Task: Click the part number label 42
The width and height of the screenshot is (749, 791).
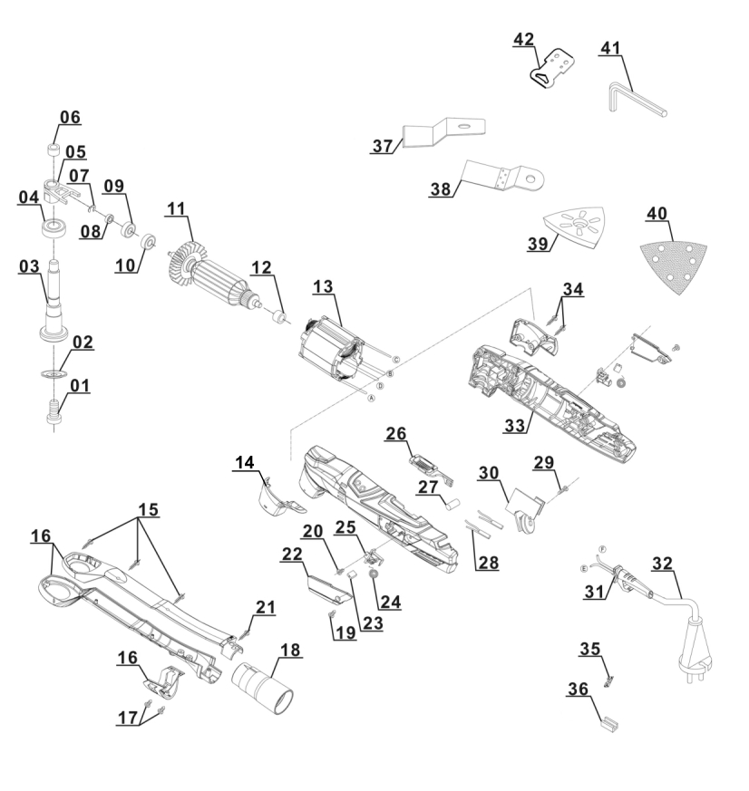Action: [x=523, y=39]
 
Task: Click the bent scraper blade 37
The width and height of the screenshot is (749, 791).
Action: [x=444, y=130]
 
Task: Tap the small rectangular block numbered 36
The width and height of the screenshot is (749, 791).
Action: [x=608, y=722]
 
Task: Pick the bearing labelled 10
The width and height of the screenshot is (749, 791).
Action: [x=148, y=242]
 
